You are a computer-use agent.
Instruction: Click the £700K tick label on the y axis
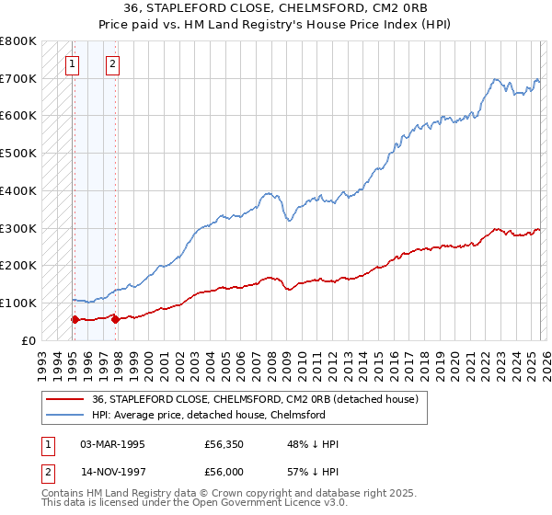[x=18, y=79]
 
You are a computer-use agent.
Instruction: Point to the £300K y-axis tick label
[x=18, y=228]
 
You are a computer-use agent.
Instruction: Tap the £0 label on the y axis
[x=28, y=340]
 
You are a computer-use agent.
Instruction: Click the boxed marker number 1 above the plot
[x=72, y=64]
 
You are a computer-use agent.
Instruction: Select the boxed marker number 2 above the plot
[x=112, y=64]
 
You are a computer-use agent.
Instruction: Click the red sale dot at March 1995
[x=75, y=319]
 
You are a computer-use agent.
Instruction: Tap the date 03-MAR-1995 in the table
[x=112, y=444]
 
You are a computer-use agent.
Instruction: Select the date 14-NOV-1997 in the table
[x=112, y=474]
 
